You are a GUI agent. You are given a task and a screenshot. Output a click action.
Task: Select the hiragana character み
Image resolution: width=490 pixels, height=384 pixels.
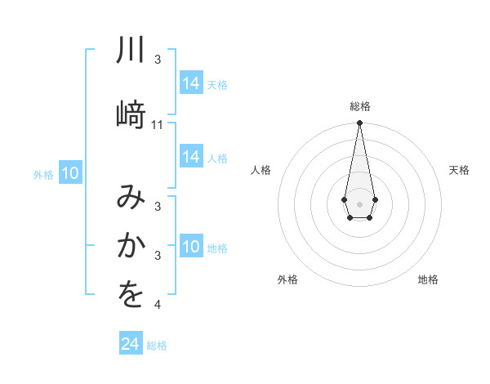pyautogui.click(x=131, y=198)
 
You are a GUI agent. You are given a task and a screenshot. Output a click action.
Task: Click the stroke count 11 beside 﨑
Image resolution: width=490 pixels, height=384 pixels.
pyautogui.click(x=158, y=125)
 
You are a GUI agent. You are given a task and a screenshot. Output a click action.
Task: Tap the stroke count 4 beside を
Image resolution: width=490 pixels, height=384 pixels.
pyautogui.click(x=158, y=305)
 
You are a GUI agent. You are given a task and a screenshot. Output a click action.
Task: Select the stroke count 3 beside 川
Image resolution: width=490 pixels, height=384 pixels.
pyautogui.click(x=158, y=60)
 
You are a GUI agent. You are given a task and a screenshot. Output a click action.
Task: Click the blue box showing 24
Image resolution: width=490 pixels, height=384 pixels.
pyautogui.click(x=131, y=344)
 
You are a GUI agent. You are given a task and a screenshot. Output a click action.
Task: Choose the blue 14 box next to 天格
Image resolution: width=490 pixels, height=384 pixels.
pyautogui.click(x=191, y=83)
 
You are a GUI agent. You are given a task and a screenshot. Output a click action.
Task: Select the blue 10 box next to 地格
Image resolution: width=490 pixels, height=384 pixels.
pyautogui.click(x=191, y=248)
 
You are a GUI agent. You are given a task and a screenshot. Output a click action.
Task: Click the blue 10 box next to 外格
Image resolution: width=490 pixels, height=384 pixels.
pyautogui.click(x=70, y=173)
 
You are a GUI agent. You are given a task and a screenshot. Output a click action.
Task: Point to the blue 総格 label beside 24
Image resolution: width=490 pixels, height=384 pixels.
pyautogui.click(x=157, y=346)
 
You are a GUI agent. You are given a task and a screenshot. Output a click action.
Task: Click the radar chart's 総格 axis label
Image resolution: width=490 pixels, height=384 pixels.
pyautogui.click(x=359, y=106)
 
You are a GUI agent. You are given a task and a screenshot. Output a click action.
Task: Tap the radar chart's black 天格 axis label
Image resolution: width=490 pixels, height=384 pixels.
pyautogui.click(x=459, y=170)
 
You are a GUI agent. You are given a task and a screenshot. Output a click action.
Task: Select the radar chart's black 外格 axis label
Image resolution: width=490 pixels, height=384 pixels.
pyautogui.click(x=287, y=279)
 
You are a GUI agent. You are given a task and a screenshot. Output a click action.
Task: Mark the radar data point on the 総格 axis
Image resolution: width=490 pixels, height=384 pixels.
pyautogui.click(x=359, y=123)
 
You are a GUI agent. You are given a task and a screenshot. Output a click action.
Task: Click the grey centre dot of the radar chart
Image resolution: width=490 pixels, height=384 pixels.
pyautogui.click(x=359, y=203)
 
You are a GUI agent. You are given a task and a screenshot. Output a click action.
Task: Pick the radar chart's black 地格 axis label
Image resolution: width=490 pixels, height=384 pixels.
pyautogui.click(x=428, y=279)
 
